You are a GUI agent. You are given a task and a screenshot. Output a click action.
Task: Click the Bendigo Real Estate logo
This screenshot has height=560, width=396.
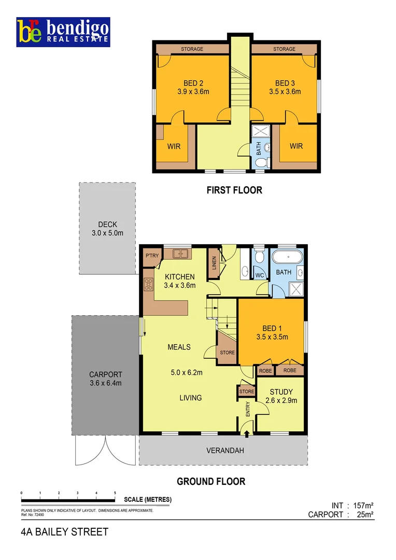pos(63,33)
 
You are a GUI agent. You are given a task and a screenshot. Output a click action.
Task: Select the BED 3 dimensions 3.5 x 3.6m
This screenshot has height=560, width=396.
pos(285,92)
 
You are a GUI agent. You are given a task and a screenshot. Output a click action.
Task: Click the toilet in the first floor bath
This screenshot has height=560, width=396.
pos(262,163)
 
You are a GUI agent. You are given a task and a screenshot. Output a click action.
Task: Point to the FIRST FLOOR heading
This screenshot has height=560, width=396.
pos(234,190)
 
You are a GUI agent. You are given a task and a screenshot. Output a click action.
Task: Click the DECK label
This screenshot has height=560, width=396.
pos(107,225)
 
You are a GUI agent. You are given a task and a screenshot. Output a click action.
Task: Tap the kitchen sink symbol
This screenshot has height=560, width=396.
pos(180,254)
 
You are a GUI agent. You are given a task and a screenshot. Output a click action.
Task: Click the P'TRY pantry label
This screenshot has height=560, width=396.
pos(151,256)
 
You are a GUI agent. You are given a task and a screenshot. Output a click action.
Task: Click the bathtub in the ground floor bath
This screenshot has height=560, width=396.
pos(287,257)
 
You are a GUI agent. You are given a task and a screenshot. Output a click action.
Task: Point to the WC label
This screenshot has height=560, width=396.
pos(260,275)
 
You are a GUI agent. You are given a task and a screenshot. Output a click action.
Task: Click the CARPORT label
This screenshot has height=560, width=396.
pos(105,374)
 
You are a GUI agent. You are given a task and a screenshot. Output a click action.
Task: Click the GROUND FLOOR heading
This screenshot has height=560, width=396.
pos(211,482)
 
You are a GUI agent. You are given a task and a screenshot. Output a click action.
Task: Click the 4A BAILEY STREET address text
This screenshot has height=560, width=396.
pos(65,532)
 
